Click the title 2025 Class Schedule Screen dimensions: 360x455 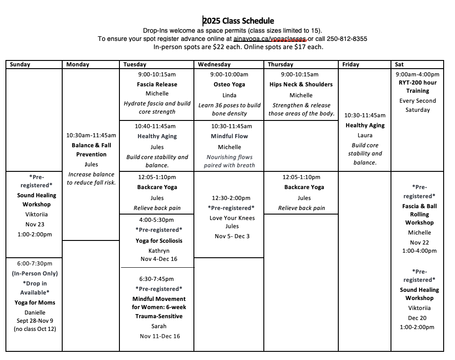tap(238, 21)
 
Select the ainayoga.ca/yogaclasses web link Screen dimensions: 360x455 tap(270, 39)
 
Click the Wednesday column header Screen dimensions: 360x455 tap(214, 65)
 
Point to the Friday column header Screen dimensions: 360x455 tap(351, 65)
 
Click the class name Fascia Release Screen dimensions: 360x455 tap(157, 85)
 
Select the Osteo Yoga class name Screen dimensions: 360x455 tap(229, 85)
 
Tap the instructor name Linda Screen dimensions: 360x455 tap(229, 95)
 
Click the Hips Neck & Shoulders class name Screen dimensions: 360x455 tap(301, 85)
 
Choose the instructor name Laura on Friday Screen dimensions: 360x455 tap(365, 135)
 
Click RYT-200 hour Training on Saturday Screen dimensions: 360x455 tap(418, 87)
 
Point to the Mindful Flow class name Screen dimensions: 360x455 tap(229, 136)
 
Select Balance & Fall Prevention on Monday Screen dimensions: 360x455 tap(91, 150)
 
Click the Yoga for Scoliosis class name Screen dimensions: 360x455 tap(159, 241)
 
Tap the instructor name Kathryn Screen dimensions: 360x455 tap(159, 251)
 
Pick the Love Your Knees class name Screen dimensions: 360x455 tap(232, 218)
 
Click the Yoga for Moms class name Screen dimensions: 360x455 tap(35, 303)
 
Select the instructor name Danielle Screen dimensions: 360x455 tap(35, 313)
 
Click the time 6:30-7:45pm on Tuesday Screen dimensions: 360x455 tap(157, 279)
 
